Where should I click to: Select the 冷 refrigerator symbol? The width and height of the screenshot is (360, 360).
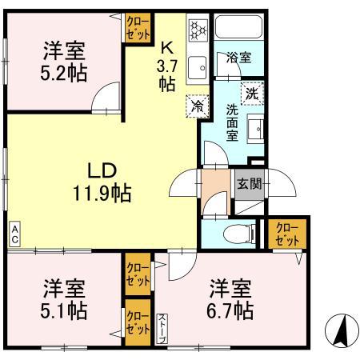click(x=195, y=104)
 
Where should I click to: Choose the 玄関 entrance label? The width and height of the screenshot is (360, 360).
click(x=246, y=182)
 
